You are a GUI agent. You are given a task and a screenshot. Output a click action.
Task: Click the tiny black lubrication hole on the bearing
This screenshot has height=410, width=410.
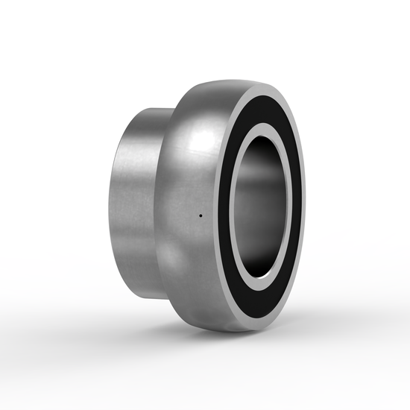click(x=201, y=216)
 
